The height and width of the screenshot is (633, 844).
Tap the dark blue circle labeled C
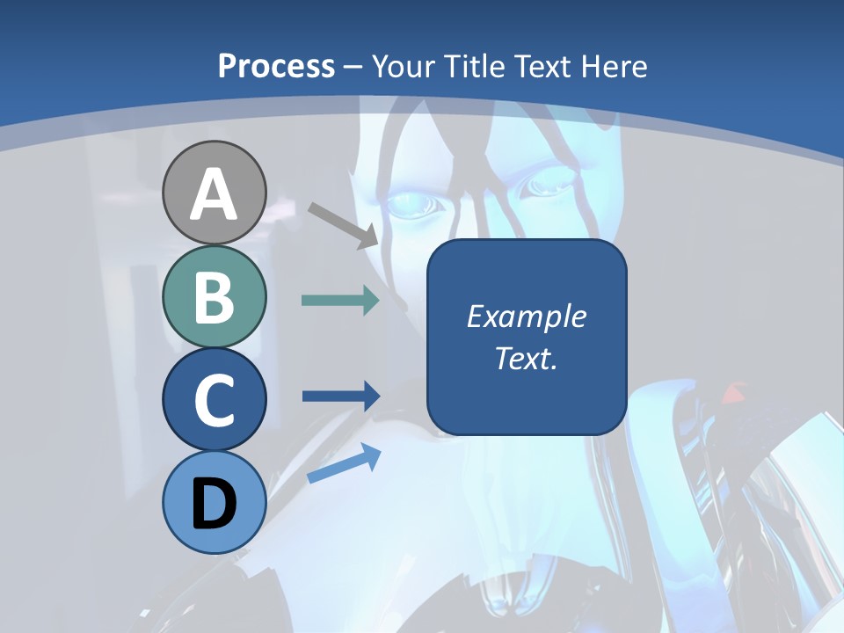tap(215, 400)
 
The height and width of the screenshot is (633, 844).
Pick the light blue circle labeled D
tap(215, 503)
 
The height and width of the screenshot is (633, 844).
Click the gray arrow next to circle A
tap(343, 224)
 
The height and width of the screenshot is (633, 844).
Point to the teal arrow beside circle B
tap(340, 301)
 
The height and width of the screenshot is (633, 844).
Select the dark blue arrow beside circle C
tap(340, 396)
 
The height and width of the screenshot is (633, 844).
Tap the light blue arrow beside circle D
tap(344, 462)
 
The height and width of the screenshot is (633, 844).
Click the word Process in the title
tap(276, 67)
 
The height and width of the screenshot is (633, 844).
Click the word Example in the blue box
tap(526, 316)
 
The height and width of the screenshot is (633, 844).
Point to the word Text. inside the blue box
tap(526, 358)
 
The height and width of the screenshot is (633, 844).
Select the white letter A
tap(215, 195)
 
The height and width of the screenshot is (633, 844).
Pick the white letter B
tap(215, 297)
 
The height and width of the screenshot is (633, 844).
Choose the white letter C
tap(215, 400)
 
